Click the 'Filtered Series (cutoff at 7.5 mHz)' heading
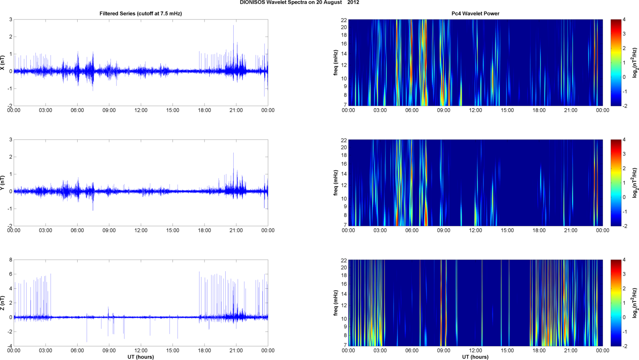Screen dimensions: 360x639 tap(140, 13)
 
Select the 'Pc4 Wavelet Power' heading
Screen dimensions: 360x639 tap(475, 13)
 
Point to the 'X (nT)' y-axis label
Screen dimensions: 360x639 tap(3, 62)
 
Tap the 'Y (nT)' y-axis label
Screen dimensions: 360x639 tap(3, 183)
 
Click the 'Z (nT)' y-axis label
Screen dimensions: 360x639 tap(3, 303)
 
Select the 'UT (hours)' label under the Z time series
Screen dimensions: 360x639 tap(140, 357)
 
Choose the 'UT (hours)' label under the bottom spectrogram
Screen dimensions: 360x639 tap(475, 357)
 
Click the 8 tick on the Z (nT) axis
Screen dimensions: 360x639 tap(11, 260)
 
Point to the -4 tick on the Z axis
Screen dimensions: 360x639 tap(10, 347)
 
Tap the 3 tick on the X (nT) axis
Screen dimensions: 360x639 tap(11, 20)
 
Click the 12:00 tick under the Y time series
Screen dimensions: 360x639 tap(141, 231)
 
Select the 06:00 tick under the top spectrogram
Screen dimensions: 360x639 tap(412, 110)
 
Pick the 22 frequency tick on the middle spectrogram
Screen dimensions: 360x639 tap(344, 140)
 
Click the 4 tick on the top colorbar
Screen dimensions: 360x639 tap(624, 20)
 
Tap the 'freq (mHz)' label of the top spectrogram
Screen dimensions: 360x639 tap(336, 62)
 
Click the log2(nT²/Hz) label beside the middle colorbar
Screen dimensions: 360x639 tap(635, 183)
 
